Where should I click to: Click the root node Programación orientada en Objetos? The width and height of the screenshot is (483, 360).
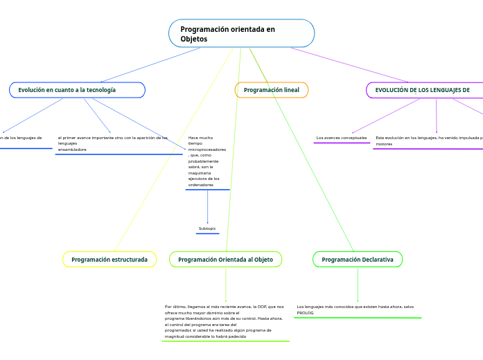click(241, 34)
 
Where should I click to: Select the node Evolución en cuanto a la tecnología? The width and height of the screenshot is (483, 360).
click(77, 90)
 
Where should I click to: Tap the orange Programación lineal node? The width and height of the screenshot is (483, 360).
click(272, 90)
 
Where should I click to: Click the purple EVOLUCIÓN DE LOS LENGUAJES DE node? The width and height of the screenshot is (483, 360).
click(423, 90)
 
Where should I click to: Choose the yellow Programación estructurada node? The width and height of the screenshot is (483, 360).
click(109, 260)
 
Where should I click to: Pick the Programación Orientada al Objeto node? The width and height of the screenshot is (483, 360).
click(225, 260)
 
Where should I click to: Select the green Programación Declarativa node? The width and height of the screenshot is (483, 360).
click(358, 260)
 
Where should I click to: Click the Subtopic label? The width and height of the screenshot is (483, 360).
click(207, 228)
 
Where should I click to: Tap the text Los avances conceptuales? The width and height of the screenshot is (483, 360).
click(341, 138)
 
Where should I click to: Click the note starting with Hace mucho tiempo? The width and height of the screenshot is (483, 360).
click(207, 161)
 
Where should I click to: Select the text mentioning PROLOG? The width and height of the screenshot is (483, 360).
click(355, 309)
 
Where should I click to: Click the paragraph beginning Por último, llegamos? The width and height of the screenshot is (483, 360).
click(225, 321)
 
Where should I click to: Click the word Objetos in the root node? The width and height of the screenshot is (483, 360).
click(194, 39)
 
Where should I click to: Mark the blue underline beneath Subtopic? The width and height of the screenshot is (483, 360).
click(207, 234)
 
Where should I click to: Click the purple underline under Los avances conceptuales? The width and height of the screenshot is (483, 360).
click(341, 143)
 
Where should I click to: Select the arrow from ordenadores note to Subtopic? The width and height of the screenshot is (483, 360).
click(207, 206)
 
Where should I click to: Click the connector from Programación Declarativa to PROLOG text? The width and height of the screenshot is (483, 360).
click(358, 284)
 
